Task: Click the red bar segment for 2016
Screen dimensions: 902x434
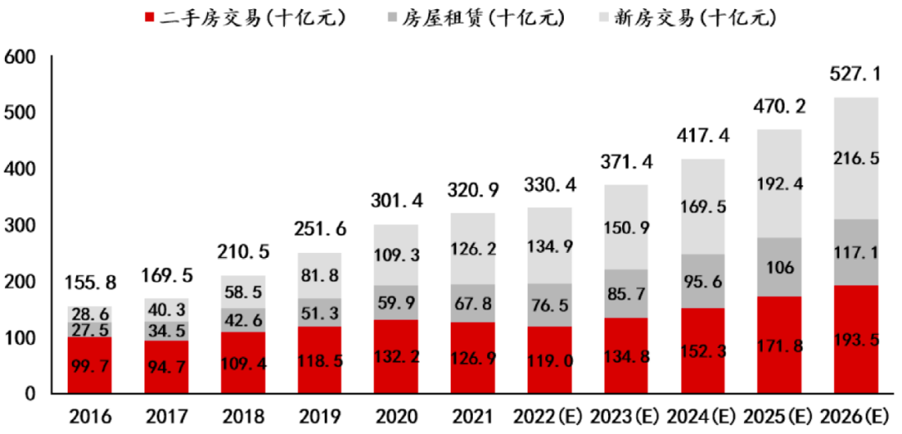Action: coord(89,365)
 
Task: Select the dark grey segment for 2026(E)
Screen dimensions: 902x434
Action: coord(856,252)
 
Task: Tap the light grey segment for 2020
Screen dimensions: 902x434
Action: coord(396,255)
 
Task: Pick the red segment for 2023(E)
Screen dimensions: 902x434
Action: coord(626,356)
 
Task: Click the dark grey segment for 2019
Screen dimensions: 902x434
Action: coord(319,313)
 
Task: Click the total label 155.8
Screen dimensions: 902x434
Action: coord(89,284)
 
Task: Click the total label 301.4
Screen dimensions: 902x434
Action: coord(396,201)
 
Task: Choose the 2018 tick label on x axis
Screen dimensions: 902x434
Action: coord(243,416)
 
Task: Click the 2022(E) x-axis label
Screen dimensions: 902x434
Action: coord(550,416)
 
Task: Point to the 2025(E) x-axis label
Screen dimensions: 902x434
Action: coord(779,416)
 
